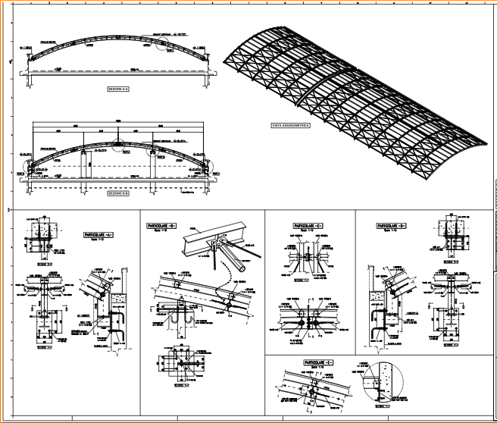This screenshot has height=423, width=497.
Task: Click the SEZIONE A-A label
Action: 119,89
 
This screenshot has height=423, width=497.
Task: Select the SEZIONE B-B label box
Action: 119,193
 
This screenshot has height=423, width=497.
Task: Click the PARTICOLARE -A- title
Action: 99,236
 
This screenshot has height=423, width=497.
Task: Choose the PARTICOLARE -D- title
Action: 391,225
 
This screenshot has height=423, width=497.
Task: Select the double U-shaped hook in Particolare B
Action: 182,325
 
